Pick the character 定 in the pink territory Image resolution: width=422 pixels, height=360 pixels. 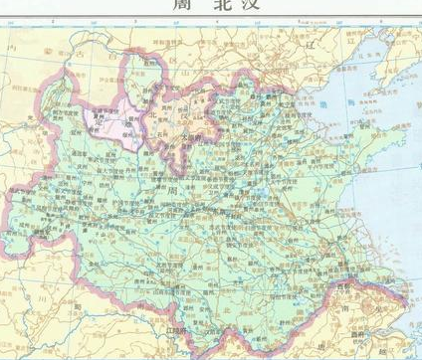[95, 117]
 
